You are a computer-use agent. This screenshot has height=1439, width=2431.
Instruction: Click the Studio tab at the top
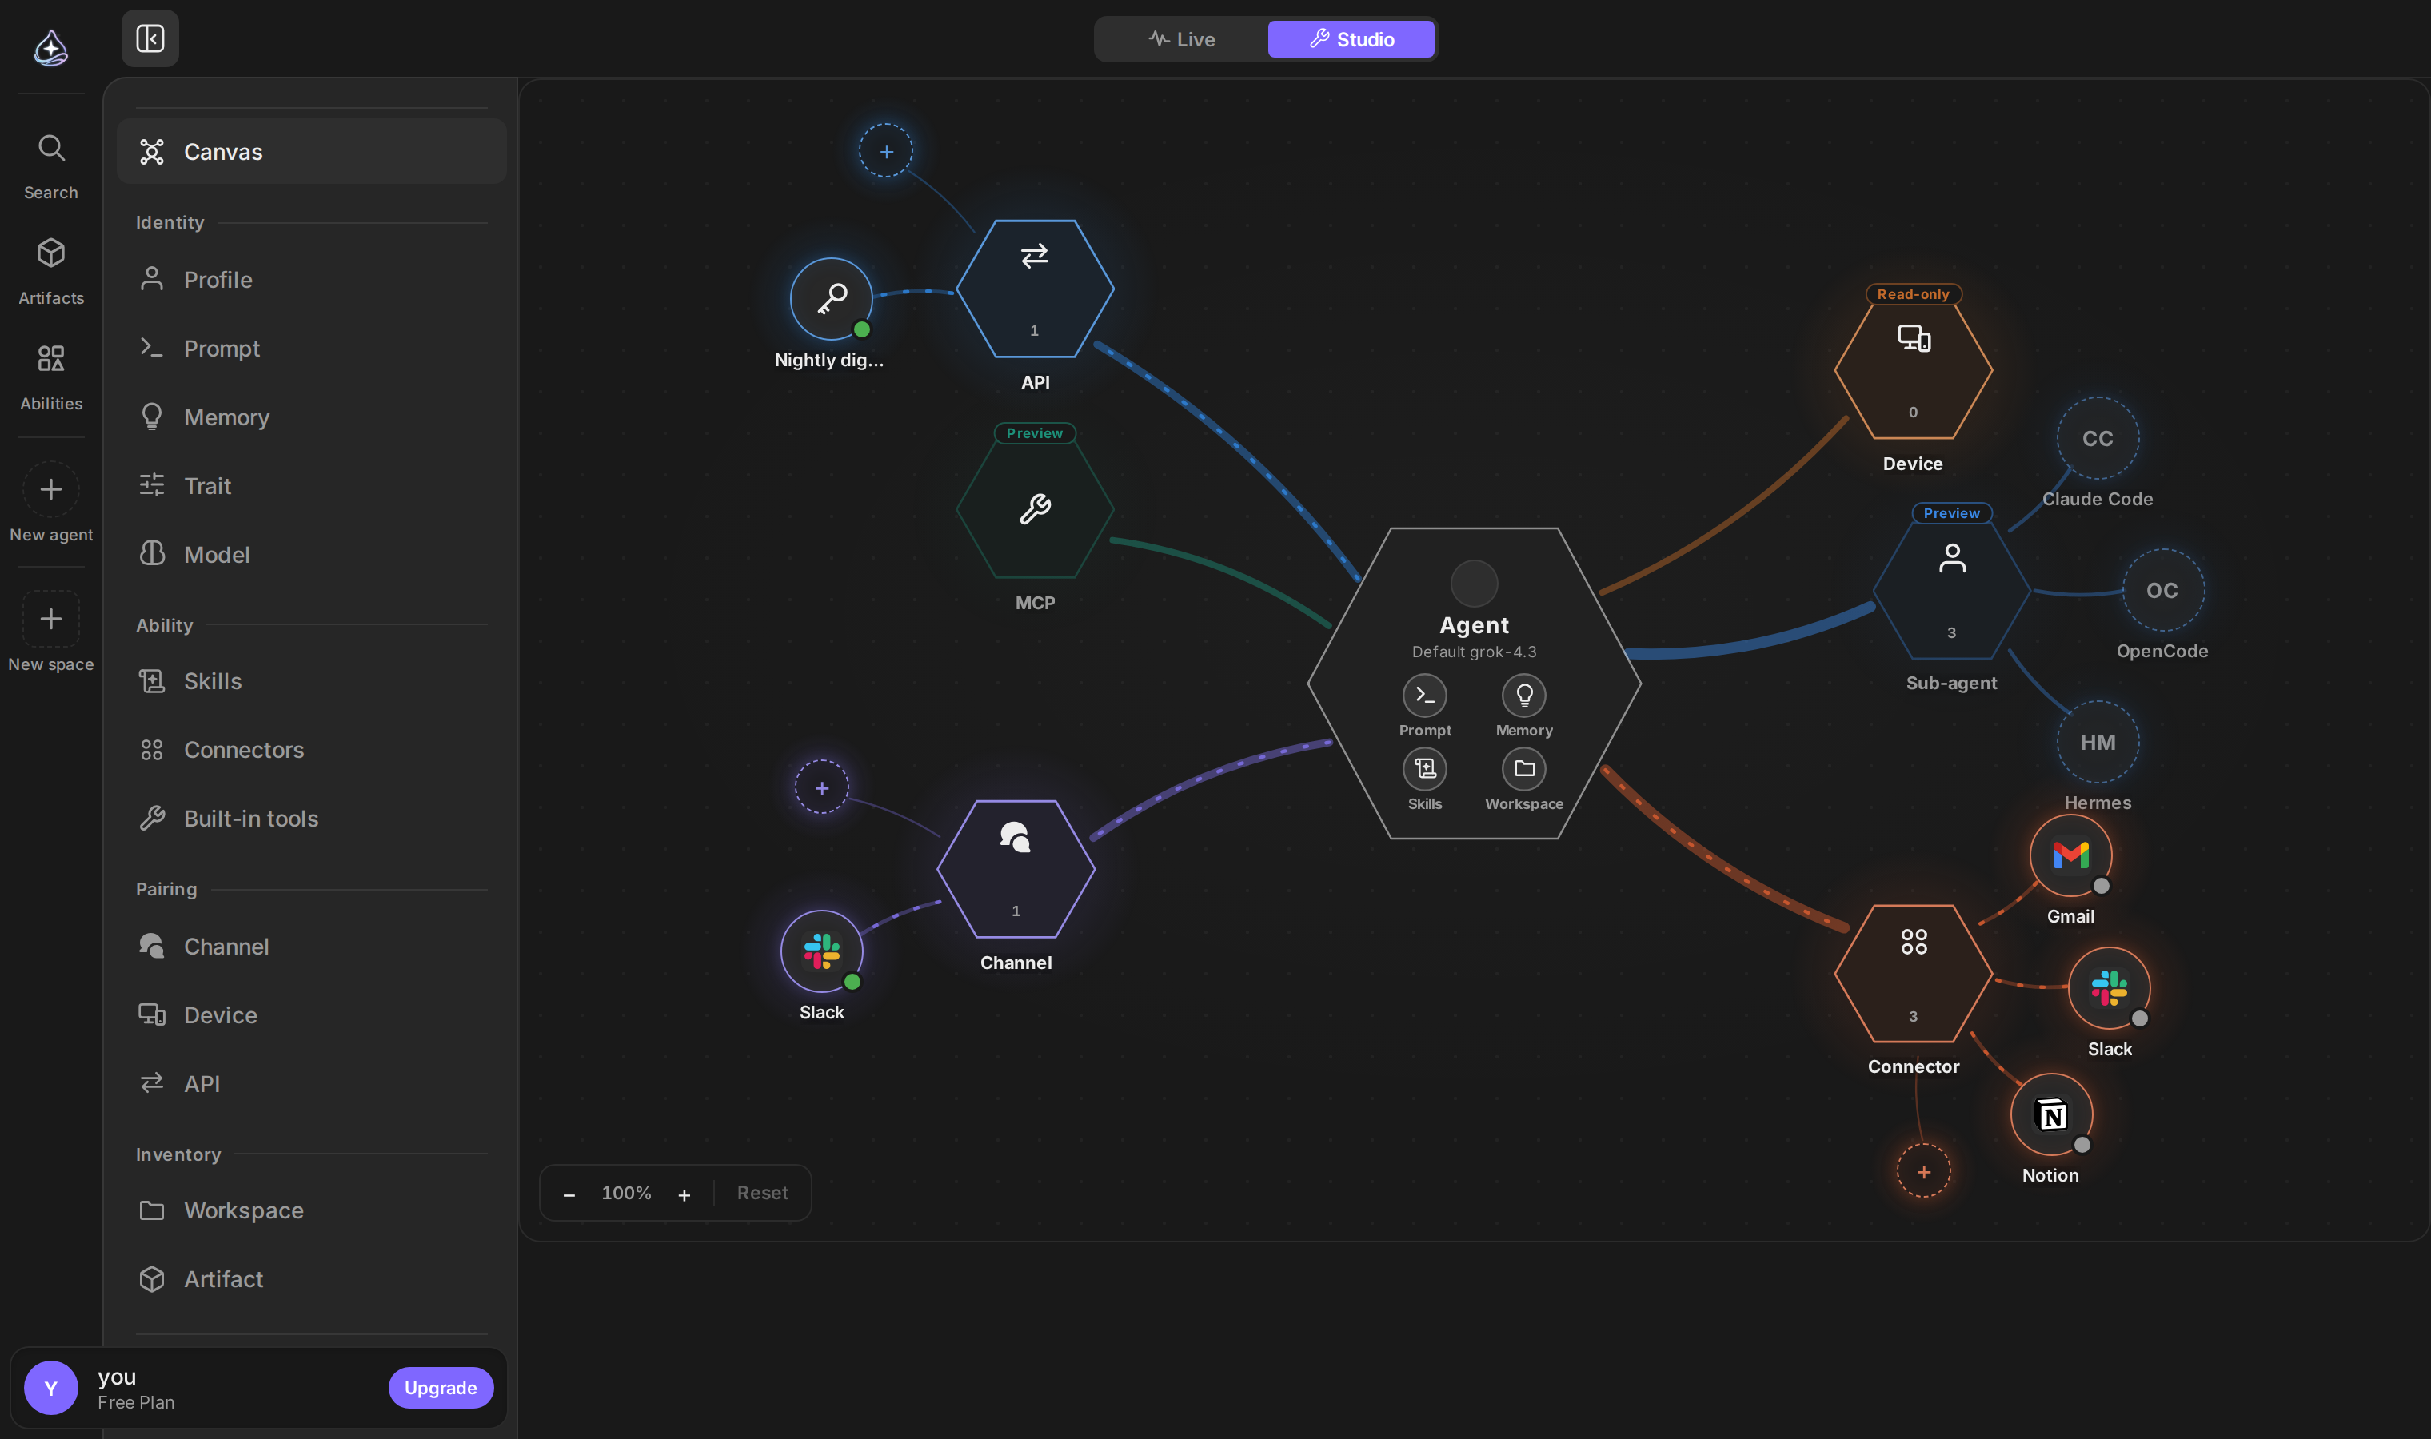[x=1351, y=40]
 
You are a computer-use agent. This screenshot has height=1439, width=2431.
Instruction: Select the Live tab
[x=1181, y=40]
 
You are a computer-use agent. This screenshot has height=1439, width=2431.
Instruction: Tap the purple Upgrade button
[x=441, y=1388]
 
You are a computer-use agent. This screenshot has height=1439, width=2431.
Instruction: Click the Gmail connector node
[x=2070, y=855]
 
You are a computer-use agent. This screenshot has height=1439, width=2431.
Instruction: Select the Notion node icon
[x=2051, y=1115]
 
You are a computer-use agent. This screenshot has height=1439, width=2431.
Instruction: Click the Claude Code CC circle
[x=2098, y=438]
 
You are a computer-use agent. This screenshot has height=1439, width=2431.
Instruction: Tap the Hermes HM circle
[x=2098, y=742]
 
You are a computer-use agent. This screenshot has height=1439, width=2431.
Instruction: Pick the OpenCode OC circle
[x=2162, y=591]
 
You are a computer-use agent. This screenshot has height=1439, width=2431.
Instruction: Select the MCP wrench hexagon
[x=1035, y=509]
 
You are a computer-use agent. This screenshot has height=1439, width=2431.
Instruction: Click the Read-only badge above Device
[x=1913, y=294]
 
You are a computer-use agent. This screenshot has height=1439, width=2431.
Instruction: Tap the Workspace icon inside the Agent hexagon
[x=1524, y=769]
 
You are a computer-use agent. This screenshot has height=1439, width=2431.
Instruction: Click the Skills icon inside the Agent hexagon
[x=1424, y=769]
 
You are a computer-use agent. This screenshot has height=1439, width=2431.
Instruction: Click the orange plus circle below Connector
[x=1924, y=1171]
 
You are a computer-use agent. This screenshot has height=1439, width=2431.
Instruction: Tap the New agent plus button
[x=51, y=490]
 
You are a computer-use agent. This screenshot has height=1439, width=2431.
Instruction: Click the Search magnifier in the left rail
[x=51, y=149]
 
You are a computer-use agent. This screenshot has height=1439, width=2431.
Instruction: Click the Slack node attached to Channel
[x=821, y=951]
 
